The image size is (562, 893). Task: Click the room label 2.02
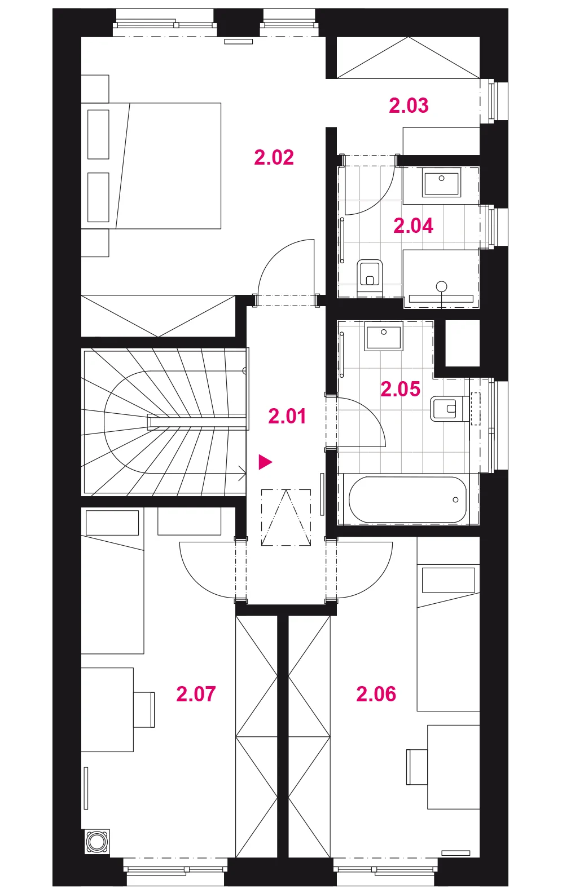[274, 157]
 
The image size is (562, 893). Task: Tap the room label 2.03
[409, 105]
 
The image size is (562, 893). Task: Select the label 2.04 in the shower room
[413, 226]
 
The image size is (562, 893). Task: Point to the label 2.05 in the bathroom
[401, 389]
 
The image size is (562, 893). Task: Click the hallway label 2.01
[287, 416]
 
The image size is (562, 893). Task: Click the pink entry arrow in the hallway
[265, 462]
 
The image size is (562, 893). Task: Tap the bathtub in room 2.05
[407, 499]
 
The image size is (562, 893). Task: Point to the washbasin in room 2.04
[441, 182]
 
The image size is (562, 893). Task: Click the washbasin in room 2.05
[383, 336]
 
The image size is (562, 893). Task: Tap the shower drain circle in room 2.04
[441, 286]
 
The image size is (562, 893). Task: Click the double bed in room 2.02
[151, 166]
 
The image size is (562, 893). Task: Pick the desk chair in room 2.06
[417, 767]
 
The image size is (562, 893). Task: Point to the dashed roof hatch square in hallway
[286, 518]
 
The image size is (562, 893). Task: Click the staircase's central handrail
[196, 422]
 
